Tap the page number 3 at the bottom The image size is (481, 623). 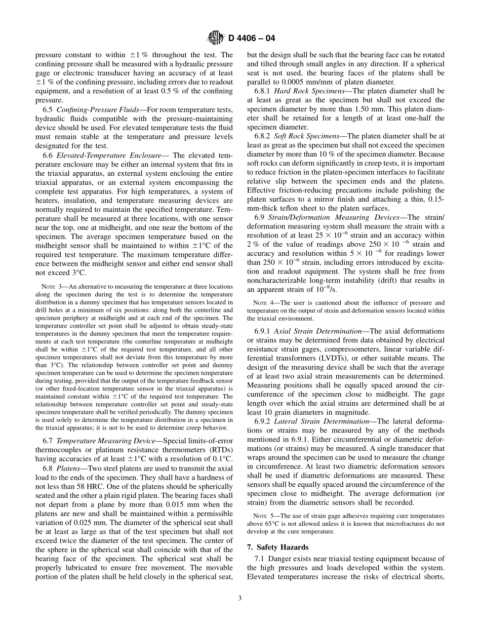(x=240, y=598)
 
